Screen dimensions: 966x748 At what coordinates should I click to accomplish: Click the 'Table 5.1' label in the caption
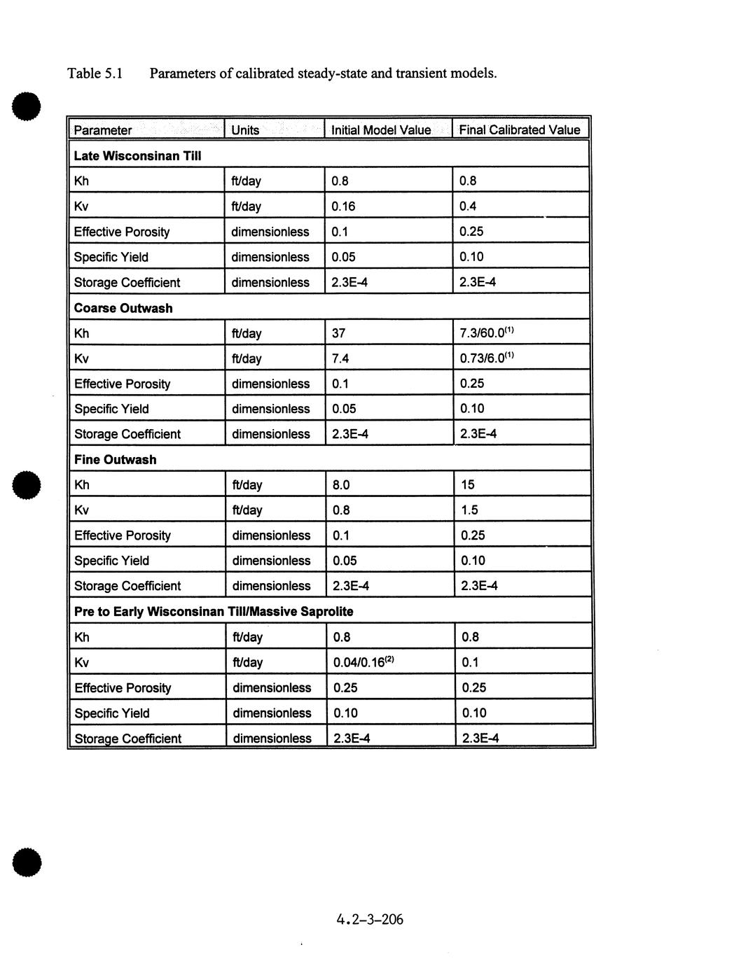[95, 73]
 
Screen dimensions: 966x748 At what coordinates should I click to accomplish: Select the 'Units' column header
[245, 130]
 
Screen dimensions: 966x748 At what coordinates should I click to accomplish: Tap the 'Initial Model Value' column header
[380, 130]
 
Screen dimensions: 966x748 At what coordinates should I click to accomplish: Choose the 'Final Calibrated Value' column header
[519, 130]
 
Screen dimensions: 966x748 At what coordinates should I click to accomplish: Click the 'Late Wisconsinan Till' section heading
[137, 156]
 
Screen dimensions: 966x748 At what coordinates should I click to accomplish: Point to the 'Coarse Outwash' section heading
[123, 308]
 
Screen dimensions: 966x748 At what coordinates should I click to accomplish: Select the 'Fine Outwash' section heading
[116, 460]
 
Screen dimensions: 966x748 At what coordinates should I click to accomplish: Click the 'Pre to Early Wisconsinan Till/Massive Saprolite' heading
[214, 612]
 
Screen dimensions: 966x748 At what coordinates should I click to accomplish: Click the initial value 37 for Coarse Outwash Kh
[339, 333]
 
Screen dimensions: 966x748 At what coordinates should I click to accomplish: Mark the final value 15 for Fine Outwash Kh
[468, 484]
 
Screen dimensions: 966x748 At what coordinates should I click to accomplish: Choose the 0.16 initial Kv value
[343, 206]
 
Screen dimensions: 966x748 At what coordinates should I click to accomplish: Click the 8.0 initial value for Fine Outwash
[341, 485]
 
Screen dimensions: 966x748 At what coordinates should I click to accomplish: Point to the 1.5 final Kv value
[469, 510]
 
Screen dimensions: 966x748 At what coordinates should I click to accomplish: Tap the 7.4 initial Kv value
[340, 358]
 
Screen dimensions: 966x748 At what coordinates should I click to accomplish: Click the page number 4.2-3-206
[369, 919]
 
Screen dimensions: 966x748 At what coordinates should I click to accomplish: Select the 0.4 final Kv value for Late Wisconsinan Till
[468, 206]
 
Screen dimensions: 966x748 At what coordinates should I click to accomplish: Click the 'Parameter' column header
[103, 130]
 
